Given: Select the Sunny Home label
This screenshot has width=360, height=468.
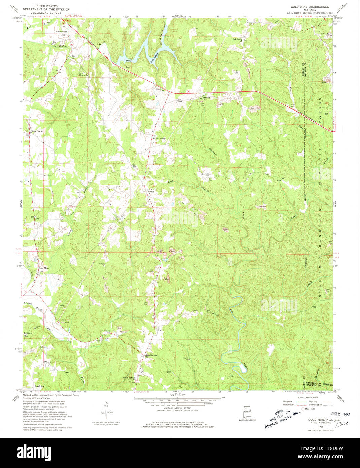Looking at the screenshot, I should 159,138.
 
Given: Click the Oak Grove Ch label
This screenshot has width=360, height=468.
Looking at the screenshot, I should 239,39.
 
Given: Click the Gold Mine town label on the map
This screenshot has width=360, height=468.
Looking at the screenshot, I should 44,268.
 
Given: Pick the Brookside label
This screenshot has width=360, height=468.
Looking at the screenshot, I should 39,386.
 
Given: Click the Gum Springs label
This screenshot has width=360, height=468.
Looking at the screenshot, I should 151,355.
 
